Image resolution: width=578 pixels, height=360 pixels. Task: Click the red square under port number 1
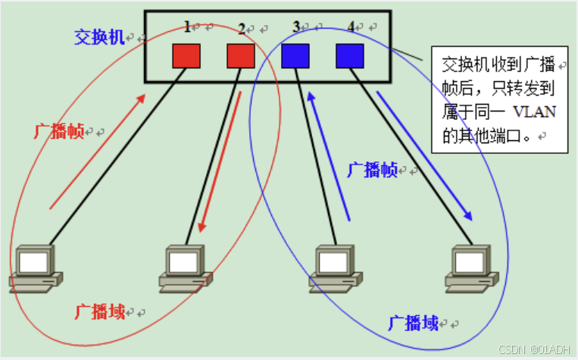click(186, 55)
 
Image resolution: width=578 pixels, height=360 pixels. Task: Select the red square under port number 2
click(241, 55)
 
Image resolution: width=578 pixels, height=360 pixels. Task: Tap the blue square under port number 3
click(295, 55)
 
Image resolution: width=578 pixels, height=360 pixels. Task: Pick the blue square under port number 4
click(350, 55)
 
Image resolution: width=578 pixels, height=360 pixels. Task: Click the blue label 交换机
click(98, 36)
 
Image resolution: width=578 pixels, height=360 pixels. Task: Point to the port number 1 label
click(187, 27)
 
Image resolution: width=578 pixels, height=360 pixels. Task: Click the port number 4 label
click(351, 27)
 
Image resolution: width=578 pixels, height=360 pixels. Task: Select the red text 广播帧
click(58, 131)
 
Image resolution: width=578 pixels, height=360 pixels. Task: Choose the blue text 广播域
click(414, 323)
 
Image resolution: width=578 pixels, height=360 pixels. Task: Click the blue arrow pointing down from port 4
click(425, 156)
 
